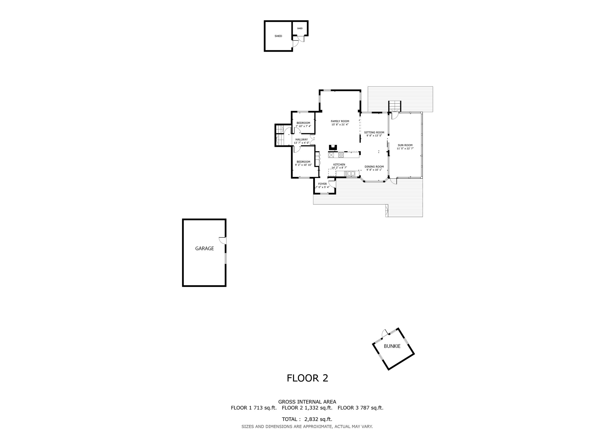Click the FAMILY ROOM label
(340, 121)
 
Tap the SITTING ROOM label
(374, 132)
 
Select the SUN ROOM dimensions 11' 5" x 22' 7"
(405, 148)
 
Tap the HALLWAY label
(302, 140)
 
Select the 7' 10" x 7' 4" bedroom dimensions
(303, 126)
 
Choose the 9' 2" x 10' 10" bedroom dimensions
(303, 165)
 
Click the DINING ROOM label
(374, 167)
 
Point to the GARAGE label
(204, 249)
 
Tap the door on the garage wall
(223, 241)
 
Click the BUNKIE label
(392, 346)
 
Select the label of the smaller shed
(300, 28)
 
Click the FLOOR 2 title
(307, 378)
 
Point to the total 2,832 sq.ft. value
(318, 419)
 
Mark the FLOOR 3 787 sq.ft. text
(361, 408)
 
